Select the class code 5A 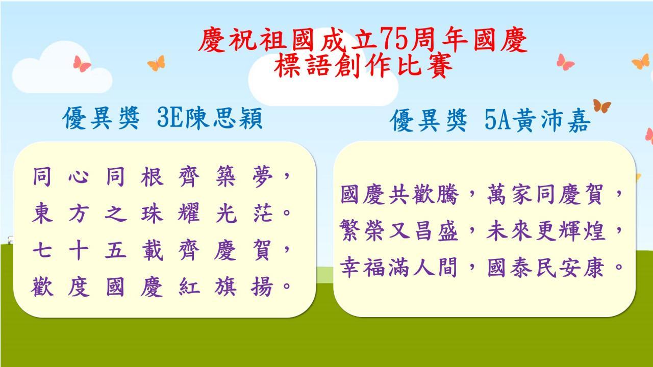[497, 120]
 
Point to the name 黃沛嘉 [550, 120]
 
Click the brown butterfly [601, 106]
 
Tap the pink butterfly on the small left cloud [82, 64]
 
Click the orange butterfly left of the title [157, 63]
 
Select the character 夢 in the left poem [262, 176]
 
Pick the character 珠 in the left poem [152, 213]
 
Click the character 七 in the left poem [42, 250]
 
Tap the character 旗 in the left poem [225, 286]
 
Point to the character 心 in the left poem [79, 177]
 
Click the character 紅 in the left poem [189, 286]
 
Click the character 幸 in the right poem [349, 267]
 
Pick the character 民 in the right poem [546, 268]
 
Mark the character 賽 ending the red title [440, 66]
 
